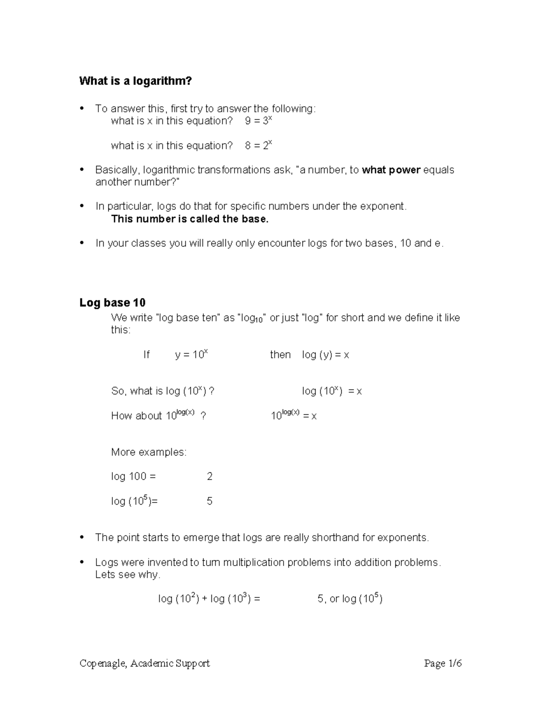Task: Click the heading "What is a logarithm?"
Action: pyautogui.click(x=135, y=81)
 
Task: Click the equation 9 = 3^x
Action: pyautogui.click(x=258, y=121)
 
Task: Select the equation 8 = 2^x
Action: pyautogui.click(x=258, y=146)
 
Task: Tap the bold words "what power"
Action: pyautogui.click(x=391, y=170)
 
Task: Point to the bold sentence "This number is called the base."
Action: pyautogui.click(x=189, y=219)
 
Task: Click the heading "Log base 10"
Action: pyautogui.click(x=112, y=302)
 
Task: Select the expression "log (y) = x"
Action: pyautogui.click(x=326, y=355)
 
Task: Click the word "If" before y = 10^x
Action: pyautogui.click(x=146, y=355)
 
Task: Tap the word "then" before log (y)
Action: pyautogui.click(x=280, y=355)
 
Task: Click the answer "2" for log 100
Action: pyautogui.click(x=210, y=477)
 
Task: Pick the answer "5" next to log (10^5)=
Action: pyautogui.click(x=210, y=501)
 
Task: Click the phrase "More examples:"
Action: pyautogui.click(x=148, y=452)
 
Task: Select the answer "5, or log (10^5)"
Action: pyautogui.click(x=350, y=599)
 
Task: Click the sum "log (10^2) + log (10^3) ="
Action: pyautogui.click(x=209, y=599)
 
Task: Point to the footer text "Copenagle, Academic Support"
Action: pyautogui.click(x=145, y=663)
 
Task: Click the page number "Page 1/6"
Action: pyautogui.click(x=443, y=663)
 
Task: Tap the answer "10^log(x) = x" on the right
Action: pyautogui.click(x=293, y=415)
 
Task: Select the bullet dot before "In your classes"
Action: pyautogui.click(x=82, y=243)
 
